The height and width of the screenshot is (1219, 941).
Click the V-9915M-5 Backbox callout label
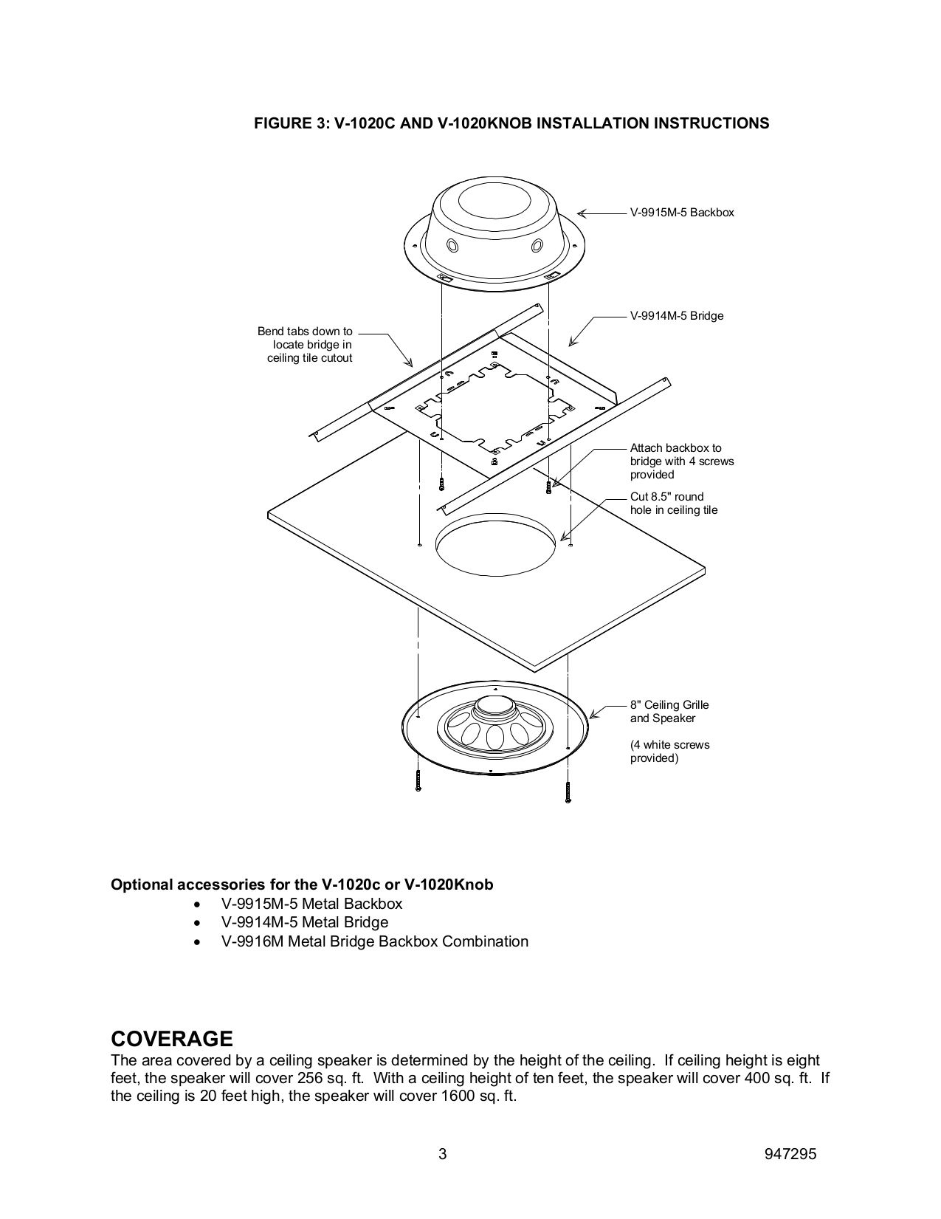click(x=681, y=213)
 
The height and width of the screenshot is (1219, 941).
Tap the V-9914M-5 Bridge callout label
click(x=676, y=316)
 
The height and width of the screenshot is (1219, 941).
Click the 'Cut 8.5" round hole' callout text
click(x=673, y=504)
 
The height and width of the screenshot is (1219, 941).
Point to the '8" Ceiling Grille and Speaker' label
click(x=669, y=712)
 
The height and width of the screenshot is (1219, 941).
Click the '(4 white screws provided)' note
click(x=669, y=752)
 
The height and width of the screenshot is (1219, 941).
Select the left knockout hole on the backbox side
click(x=452, y=245)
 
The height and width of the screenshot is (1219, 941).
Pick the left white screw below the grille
click(x=418, y=780)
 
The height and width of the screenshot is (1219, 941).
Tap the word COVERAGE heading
click(x=171, y=1039)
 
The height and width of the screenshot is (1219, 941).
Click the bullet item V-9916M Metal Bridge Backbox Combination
click(x=374, y=941)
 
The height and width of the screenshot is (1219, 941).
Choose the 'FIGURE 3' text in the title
click(x=289, y=123)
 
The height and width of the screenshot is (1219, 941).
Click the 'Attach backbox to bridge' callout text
click(x=681, y=461)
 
